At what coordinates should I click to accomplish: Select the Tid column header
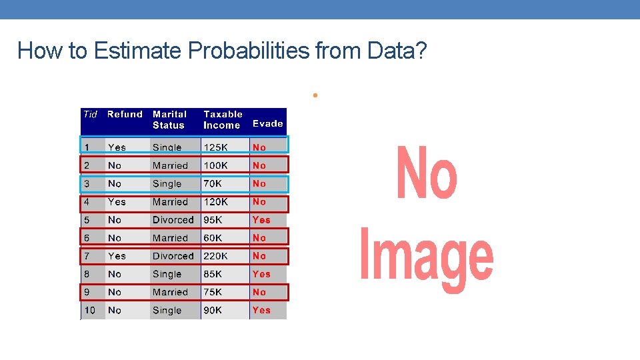(x=91, y=115)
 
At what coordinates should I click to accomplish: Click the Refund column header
(x=125, y=115)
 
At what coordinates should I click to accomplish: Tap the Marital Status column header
(x=169, y=120)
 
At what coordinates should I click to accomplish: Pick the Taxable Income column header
(x=223, y=120)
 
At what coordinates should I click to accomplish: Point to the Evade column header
(x=267, y=123)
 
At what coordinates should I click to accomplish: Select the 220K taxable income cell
(x=215, y=256)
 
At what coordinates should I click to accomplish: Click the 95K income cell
(x=213, y=220)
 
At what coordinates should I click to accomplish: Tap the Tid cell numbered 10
(x=90, y=311)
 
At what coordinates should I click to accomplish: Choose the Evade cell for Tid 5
(x=261, y=220)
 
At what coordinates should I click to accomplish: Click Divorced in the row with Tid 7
(x=173, y=256)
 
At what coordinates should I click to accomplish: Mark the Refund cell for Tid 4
(x=117, y=202)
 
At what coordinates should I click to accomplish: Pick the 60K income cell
(x=213, y=238)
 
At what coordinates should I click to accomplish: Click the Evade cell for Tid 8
(x=261, y=274)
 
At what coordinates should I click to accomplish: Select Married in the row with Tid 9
(x=170, y=292)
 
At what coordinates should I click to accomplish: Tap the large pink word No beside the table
(x=427, y=173)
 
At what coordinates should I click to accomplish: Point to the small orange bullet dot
(x=313, y=96)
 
